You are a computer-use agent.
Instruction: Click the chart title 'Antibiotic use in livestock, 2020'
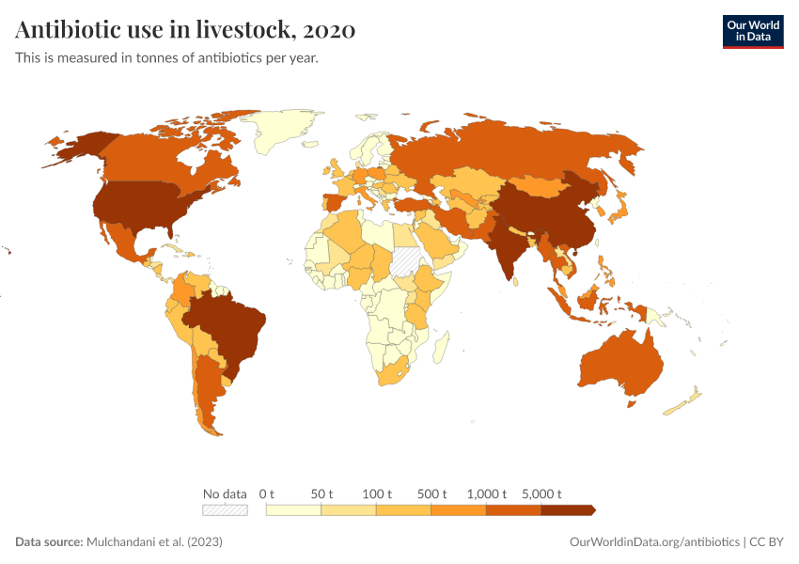tap(185, 30)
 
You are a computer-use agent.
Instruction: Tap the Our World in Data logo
tap(752, 31)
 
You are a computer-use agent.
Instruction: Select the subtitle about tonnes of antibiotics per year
tap(166, 58)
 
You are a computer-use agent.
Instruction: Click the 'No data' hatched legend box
tap(226, 509)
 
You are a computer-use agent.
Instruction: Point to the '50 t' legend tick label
tap(322, 493)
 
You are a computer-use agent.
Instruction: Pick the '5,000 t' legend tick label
tap(541, 493)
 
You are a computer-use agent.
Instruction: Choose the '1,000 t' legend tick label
tap(487, 493)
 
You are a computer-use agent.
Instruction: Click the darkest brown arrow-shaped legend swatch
tap(568, 509)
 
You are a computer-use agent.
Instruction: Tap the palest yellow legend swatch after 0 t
tap(294, 509)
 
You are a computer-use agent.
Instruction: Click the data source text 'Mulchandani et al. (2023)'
tap(154, 542)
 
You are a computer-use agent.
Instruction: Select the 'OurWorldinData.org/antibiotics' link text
tap(654, 542)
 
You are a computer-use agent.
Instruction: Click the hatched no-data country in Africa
tap(408, 259)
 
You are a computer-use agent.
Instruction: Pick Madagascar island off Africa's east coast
tap(439, 350)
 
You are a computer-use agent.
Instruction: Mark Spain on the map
tap(336, 204)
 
